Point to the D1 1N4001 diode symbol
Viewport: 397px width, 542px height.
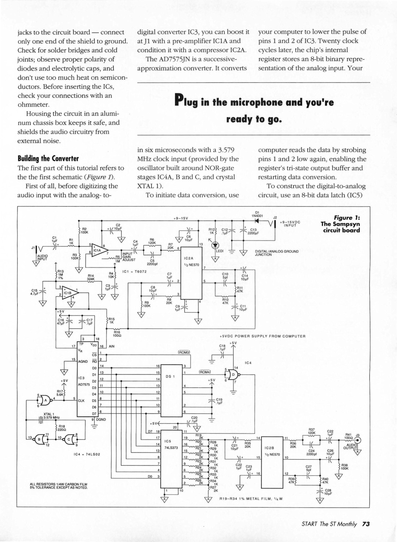(x=257, y=220)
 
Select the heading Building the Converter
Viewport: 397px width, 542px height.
(x=48, y=159)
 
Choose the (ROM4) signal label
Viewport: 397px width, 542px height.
(x=205, y=371)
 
